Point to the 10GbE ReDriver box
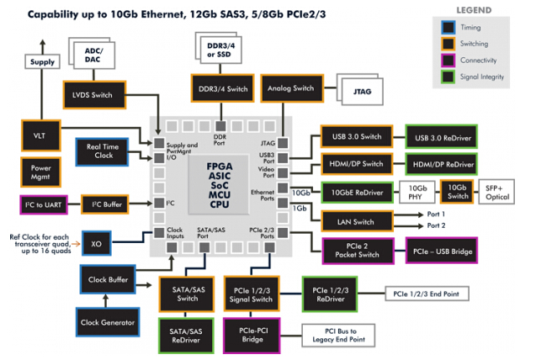point(358,193)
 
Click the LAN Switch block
point(358,221)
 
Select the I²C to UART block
point(45,204)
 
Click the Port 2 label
point(436,225)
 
